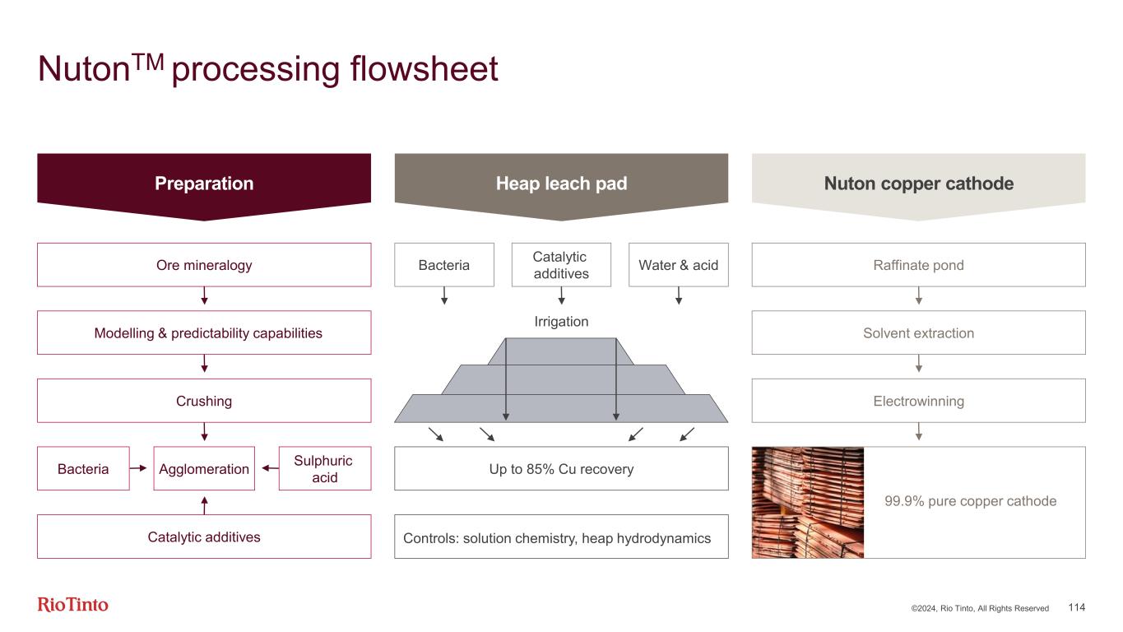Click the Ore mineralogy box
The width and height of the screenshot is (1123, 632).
tap(204, 265)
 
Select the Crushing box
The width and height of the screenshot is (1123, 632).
tap(204, 401)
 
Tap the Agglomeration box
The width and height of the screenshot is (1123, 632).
tap(204, 469)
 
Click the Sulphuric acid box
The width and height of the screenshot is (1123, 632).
tap(324, 469)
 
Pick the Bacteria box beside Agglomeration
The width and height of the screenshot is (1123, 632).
tap(83, 469)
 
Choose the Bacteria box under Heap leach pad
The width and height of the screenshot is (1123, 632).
tap(444, 265)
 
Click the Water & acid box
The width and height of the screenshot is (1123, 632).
tap(678, 265)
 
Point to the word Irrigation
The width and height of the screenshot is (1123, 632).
tap(561, 322)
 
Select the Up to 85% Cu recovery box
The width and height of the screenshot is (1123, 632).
tap(561, 469)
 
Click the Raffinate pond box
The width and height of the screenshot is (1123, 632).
tap(918, 265)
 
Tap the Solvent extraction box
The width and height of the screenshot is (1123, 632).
tap(918, 333)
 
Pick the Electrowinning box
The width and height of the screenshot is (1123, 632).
tap(918, 401)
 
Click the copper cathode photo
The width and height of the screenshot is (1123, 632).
tap(808, 502)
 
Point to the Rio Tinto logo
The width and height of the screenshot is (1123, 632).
tap(73, 605)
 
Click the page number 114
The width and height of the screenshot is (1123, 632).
tap(1076, 607)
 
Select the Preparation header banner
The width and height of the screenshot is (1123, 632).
tap(204, 184)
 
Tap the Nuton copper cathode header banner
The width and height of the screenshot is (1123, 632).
tap(918, 184)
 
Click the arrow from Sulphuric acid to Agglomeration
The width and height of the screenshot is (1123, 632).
tap(267, 469)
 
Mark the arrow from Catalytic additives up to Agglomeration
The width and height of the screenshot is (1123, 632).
tap(204, 502)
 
